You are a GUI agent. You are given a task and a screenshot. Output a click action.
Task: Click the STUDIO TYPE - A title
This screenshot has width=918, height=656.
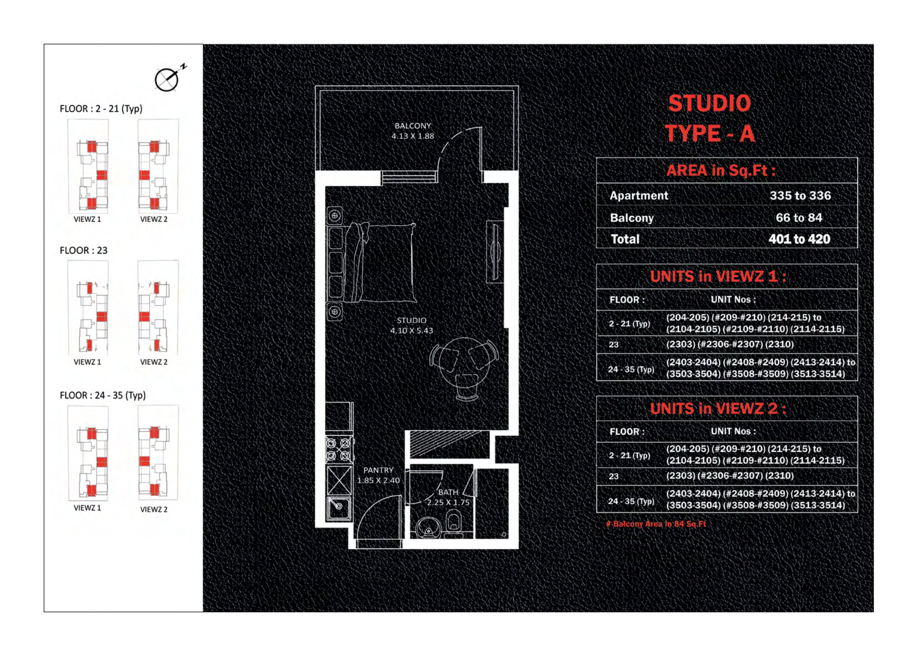[710, 118]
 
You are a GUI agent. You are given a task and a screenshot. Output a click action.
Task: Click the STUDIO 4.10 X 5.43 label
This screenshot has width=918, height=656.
[411, 325]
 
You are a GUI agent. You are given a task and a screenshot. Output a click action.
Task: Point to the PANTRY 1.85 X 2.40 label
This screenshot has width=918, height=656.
[378, 475]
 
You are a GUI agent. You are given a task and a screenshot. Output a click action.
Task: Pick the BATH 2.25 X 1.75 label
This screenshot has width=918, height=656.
[448, 497]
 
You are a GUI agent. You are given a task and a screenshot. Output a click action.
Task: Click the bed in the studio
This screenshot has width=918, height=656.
[380, 262]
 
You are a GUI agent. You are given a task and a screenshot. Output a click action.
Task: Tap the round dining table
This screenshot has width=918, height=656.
[464, 368]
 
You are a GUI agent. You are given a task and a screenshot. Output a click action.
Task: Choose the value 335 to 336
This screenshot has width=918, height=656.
[800, 195]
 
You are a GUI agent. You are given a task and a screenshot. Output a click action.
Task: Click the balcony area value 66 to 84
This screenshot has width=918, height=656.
[799, 218]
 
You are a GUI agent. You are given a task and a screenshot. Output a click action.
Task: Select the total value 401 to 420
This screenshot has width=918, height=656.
[799, 239]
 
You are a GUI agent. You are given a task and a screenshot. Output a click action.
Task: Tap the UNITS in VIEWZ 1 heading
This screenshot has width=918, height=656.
[718, 277]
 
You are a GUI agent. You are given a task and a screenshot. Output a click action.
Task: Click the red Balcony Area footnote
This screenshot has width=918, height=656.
[656, 524]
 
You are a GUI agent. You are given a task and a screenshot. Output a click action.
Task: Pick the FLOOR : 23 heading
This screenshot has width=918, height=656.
[84, 251]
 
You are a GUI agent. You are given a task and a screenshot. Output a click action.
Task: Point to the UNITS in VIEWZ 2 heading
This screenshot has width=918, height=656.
[718, 409]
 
